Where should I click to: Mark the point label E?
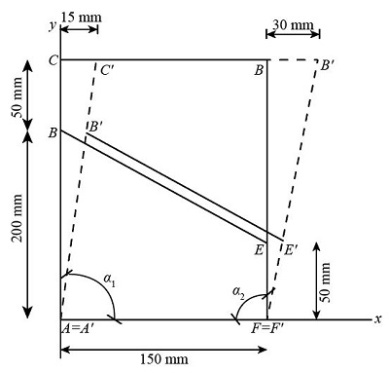[259, 251]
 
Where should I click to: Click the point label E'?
[291, 250]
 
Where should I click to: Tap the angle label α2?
[238, 291]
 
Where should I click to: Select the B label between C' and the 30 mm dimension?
[258, 69]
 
